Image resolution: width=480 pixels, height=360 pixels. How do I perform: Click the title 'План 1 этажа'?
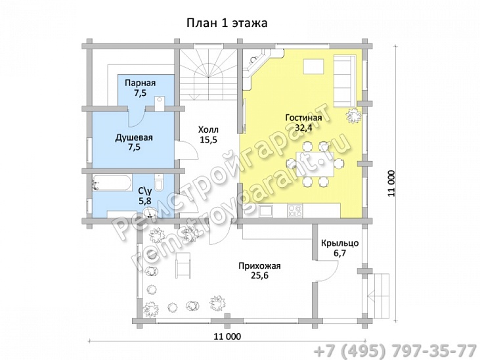(227, 23)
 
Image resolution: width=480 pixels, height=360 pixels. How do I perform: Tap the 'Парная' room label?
(141, 83)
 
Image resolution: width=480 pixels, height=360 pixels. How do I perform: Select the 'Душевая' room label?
(134, 138)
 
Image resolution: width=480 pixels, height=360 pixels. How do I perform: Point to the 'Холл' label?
(208, 129)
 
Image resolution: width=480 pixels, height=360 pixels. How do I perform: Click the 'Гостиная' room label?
(303, 118)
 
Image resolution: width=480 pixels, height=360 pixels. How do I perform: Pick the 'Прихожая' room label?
(259, 266)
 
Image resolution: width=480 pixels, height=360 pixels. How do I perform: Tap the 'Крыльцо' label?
(339, 243)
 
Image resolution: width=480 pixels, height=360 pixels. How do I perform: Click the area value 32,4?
(303, 128)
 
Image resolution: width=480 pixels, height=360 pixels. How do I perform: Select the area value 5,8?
(145, 201)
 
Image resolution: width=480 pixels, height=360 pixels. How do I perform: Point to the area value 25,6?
(259, 276)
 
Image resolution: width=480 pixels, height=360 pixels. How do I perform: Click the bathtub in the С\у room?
(112, 183)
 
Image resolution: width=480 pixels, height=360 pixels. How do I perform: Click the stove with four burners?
(295, 211)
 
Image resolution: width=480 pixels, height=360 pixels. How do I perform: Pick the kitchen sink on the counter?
(265, 211)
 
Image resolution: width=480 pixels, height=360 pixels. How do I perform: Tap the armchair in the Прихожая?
(183, 265)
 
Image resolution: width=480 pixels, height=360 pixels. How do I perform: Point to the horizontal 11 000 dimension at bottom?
(227, 336)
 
